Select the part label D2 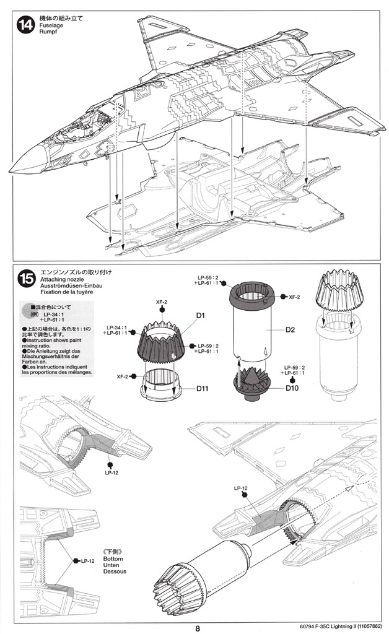289,329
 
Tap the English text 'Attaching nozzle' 62,279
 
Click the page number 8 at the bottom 198,627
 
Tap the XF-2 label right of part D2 295,297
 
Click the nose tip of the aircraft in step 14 11,169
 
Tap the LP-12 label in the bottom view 87,561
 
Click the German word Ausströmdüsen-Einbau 69,287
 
